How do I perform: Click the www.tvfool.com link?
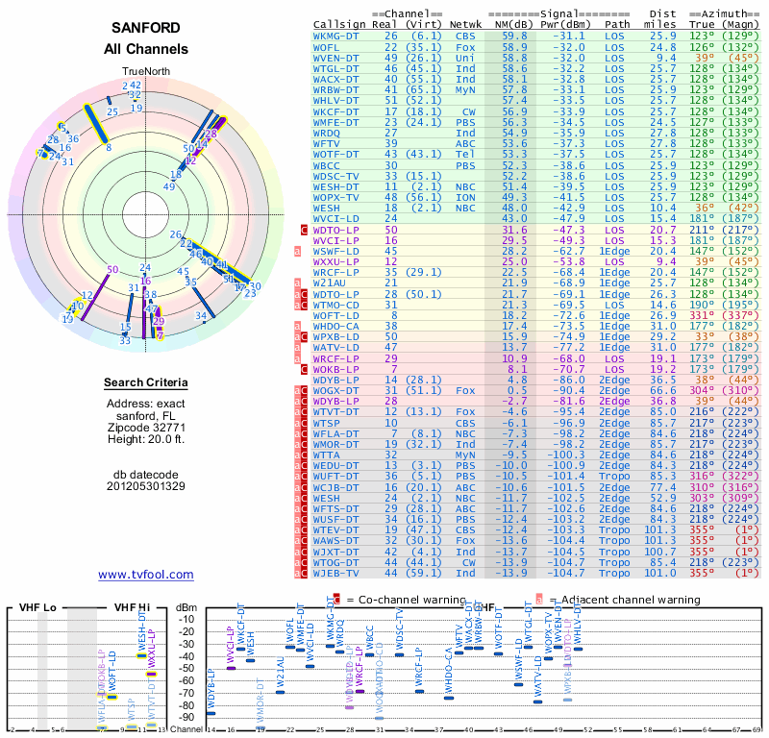pos(146,575)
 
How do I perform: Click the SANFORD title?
pos(146,28)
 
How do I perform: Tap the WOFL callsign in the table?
pos(328,46)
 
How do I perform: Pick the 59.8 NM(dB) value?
pos(514,35)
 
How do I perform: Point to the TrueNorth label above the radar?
pos(145,72)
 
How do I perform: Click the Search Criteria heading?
pos(146,383)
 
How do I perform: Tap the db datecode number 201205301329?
pos(146,486)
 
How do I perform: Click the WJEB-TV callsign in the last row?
pos(337,573)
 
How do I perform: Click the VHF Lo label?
pos(29,607)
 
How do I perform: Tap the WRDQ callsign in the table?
pos(328,133)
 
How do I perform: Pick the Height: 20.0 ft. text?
pos(146,440)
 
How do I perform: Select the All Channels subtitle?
pos(146,49)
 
